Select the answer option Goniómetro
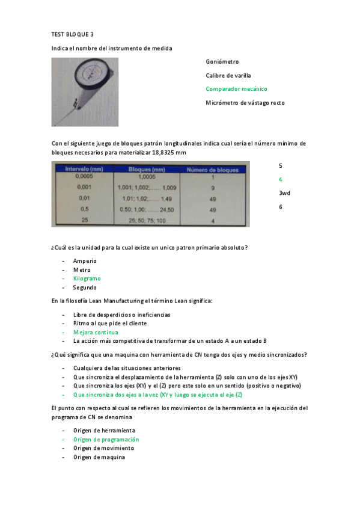coord(222,61)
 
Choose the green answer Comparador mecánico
coord(236,89)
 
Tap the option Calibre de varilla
coord(229,75)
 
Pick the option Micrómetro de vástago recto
coord(245,103)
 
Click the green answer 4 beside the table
coord(280,179)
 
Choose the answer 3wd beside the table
coord(284,193)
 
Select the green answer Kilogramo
coord(87,278)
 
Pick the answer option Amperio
coord(85,261)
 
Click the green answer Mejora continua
coord(96,332)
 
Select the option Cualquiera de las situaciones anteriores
coord(126,368)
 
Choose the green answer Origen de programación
coord(105,439)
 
